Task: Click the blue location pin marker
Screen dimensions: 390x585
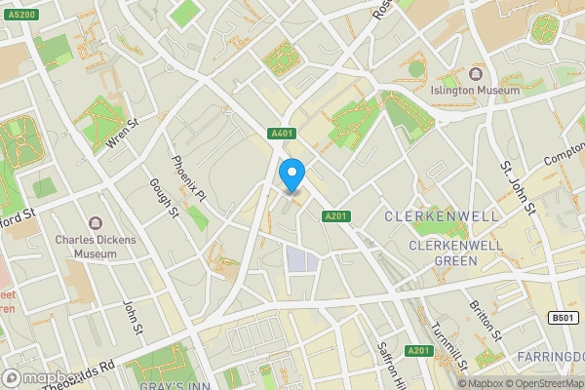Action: coord(292,175)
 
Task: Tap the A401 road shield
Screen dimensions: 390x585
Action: coord(282,134)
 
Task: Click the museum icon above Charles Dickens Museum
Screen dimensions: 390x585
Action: coord(96,223)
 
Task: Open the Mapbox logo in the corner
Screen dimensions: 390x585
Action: coord(39,377)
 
